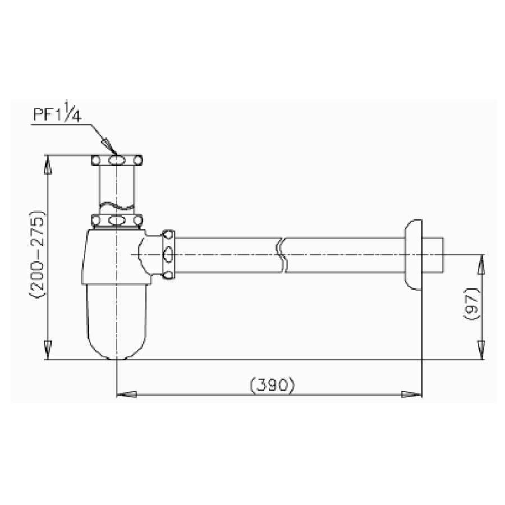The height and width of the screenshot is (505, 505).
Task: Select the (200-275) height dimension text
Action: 39,254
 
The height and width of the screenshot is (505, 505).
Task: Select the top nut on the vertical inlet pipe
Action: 116,161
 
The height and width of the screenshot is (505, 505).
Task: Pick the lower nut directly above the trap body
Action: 116,220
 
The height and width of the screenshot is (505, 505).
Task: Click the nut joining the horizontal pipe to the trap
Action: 168,254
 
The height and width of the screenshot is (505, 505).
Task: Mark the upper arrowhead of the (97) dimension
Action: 481,263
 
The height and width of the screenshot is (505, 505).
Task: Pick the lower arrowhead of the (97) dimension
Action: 481,351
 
